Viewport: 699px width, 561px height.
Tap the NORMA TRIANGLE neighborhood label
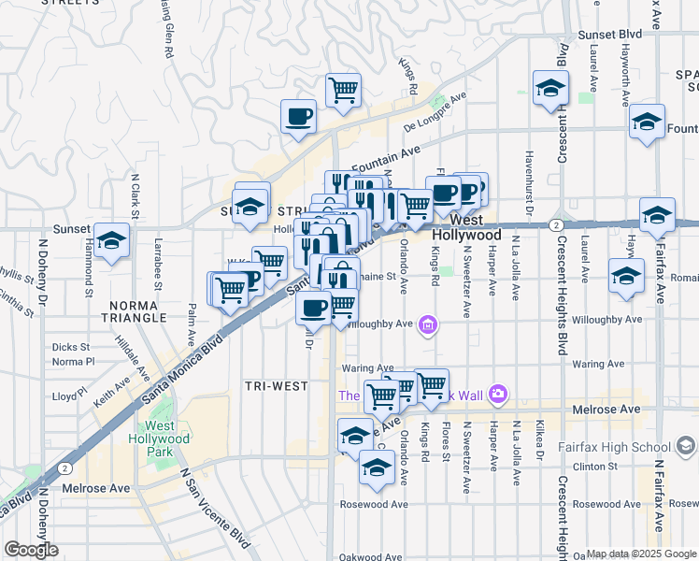point(137,311)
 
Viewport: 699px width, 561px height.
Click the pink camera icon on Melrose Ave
point(497,394)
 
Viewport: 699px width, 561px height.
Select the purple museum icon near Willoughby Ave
point(428,325)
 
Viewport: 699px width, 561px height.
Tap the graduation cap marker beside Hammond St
point(111,240)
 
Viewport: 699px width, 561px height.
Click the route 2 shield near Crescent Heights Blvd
point(555,225)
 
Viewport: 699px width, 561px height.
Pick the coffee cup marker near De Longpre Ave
point(299,116)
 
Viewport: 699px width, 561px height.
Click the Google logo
point(31,549)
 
